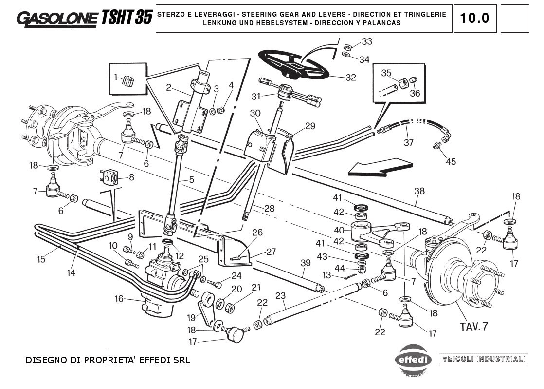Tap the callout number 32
tap(351, 78)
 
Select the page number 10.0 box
tap(475, 19)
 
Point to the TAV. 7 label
tap(473, 327)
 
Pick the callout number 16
tap(119, 299)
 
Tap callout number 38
tap(419, 190)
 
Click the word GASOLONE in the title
tap(57, 18)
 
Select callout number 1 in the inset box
tap(116, 77)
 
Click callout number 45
tap(451, 161)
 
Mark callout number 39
tap(305, 263)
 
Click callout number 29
tap(310, 126)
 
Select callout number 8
tap(132, 178)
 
